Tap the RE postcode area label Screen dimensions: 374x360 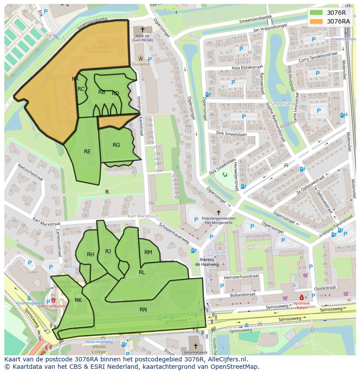pyautogui.click(x=87, y=151)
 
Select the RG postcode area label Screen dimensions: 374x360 pyautogui.click(x=116, y=145)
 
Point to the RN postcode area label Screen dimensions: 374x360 pyautogui.click(x=143, y=309)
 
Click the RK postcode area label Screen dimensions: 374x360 pyautogui.click(x=78, y=300)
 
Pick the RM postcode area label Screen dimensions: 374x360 pyautogui.click(x=148, y=252)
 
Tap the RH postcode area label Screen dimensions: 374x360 pyautogui.click(x=90, y=255)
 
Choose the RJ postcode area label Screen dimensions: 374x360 pyautogui.click(x=108, y=251)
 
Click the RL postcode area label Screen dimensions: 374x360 pyautogui.click(x=142, y=272)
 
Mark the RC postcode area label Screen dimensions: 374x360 pyautogui.click(x=81, y=89)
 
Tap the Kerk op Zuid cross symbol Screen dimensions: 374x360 pyautogui.click(x=142, y=29)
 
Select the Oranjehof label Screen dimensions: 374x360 pyautogui.click(x=141, y=64)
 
